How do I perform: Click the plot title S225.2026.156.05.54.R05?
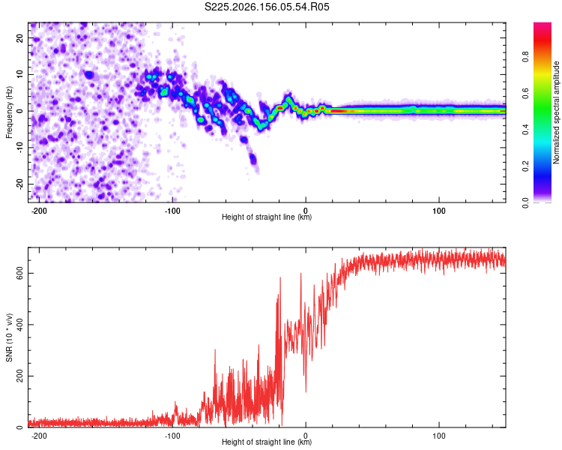tap(267, 7)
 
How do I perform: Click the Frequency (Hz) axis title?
tap(9, 112)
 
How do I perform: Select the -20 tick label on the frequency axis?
tap(19, 184)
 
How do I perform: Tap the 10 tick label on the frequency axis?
tap(19, 74)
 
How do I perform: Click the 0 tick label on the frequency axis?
tap(19, 111)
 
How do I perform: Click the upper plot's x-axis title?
tap(267, 217)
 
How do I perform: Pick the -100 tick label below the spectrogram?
tap(172, 211)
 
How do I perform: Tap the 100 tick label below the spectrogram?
tap(438, 211)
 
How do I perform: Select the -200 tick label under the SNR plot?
tap(39, 436)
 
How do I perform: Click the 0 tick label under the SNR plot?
tap(306, 436)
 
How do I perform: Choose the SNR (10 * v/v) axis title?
tap(9, 337)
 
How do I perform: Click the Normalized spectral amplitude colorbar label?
tap(556, 112)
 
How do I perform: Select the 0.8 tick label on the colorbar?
tap(525, 57)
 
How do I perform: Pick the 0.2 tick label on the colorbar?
tap(525, 166)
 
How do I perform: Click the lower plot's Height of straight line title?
tap(267, 442)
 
